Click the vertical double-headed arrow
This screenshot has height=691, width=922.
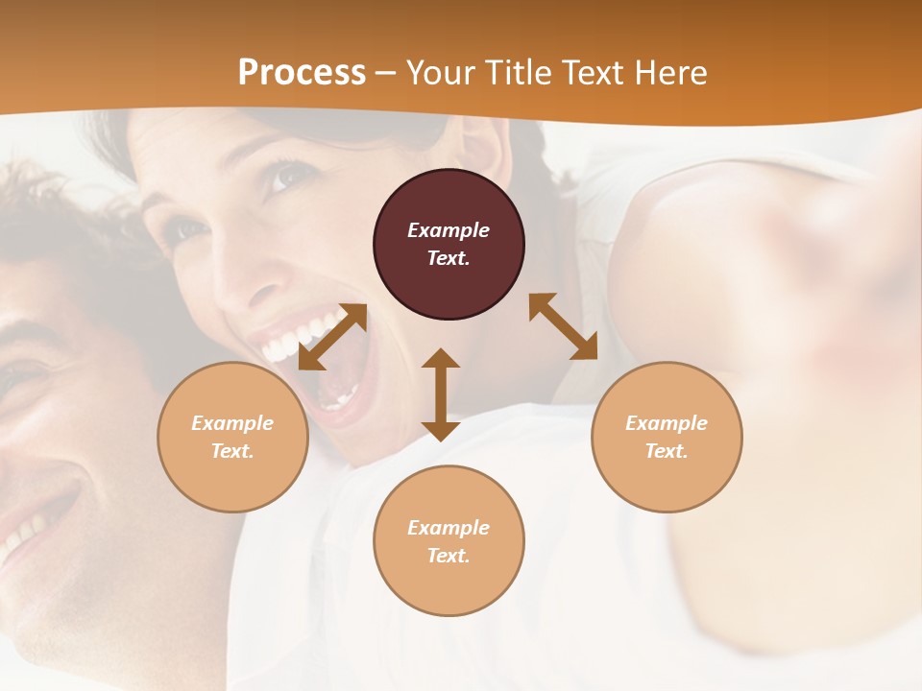(x=441, y=394)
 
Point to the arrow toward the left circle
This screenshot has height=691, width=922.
(x=332, y=337)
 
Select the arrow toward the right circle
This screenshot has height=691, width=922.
(x=563, y=326)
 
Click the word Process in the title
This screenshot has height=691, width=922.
(x=302, y=72)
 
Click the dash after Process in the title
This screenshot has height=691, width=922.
(x=385, y=73)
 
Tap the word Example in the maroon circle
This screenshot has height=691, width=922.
(x=449, y=230)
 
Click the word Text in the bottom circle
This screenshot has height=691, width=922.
(x=447, y=556)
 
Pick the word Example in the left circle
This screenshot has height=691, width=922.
(x=232, y=423)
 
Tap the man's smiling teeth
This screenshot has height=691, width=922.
(x=29, y=533)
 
